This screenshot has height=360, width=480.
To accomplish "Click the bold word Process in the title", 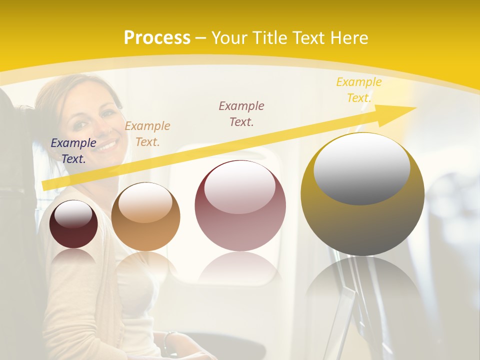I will point(157,38).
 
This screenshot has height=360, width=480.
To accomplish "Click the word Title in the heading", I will point(269,38).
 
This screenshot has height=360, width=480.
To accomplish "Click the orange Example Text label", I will point(147,134).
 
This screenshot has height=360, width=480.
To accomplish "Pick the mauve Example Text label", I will point(241,113).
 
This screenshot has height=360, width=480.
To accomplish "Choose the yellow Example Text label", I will point(358,90).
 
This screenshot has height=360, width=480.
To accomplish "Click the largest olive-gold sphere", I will point(362,220).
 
